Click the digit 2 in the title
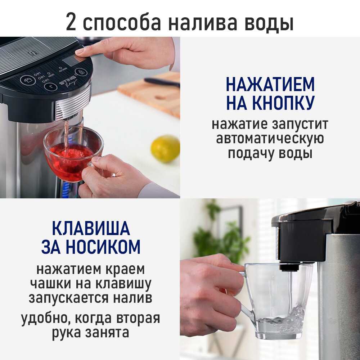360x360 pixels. point(71,22)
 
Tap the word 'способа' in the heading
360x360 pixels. point(122,23)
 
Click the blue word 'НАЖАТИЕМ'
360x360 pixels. point(270,84)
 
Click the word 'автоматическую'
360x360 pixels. point(270,139)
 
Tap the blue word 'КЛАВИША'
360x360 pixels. point(91,228)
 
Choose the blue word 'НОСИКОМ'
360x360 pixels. point(103,247)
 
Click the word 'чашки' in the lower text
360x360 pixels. point(51,284)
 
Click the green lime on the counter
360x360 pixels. point(165,149)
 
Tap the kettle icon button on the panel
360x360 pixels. point(28,80)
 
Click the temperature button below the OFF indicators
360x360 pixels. point(50,87)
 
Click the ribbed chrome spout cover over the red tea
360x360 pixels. point(73,103)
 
